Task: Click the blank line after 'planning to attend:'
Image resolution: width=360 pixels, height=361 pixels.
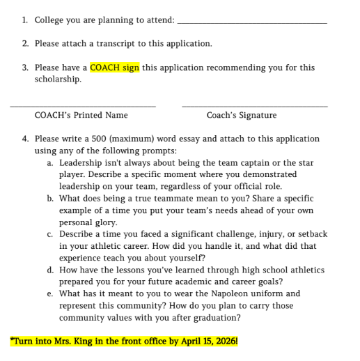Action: [x=252, y=23]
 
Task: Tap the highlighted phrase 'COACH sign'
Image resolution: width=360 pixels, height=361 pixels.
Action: [x=115, y=68]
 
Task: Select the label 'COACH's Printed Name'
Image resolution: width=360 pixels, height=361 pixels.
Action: [x=81, y=115]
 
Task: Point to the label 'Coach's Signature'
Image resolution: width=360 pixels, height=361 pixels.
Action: [x=241, y=115]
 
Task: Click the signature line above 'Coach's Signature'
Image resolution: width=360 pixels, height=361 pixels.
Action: [x=254, y=106]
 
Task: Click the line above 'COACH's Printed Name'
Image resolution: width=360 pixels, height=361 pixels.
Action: [x=82, y=106]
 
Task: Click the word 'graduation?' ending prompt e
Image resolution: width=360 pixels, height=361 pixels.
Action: [x=215, y=317]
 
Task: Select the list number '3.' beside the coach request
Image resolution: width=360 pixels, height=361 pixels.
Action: [x=25, y=68]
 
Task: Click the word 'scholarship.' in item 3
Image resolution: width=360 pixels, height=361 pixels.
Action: [x=58, y=79]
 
